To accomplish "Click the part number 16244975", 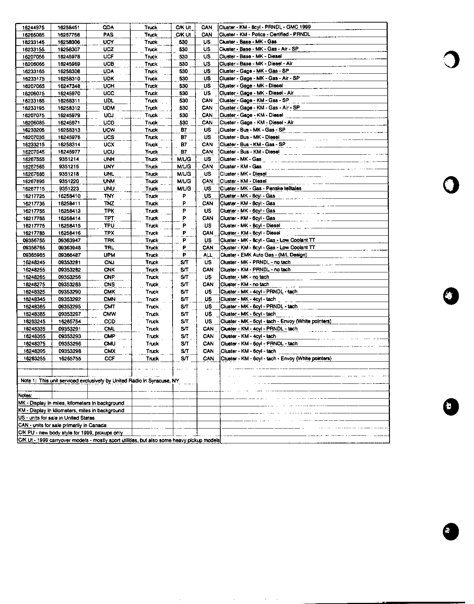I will coord(33,27).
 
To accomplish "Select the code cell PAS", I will coord(109,35).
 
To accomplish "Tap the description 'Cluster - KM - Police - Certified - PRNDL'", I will coord(265,34).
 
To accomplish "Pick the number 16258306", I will coord(69,42).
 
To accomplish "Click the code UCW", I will coord(109,130).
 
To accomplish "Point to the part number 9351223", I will coord(69,189).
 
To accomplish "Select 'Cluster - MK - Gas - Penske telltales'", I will coord(261,188).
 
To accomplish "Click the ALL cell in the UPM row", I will coord(208,255).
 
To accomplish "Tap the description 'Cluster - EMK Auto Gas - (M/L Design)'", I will coord(263,255).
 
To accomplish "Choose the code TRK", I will coord(109,240).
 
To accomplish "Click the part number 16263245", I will coord(34,322).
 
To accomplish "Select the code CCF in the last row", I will coord(110,359).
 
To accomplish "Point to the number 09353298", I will coord(70,351).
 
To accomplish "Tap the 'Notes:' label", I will coord(25,396).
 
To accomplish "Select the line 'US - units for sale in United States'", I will coord(56,418).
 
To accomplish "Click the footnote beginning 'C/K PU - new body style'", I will coord(70,433).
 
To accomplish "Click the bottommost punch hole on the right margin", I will coord(451,531).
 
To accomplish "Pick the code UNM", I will coord(109,181).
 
